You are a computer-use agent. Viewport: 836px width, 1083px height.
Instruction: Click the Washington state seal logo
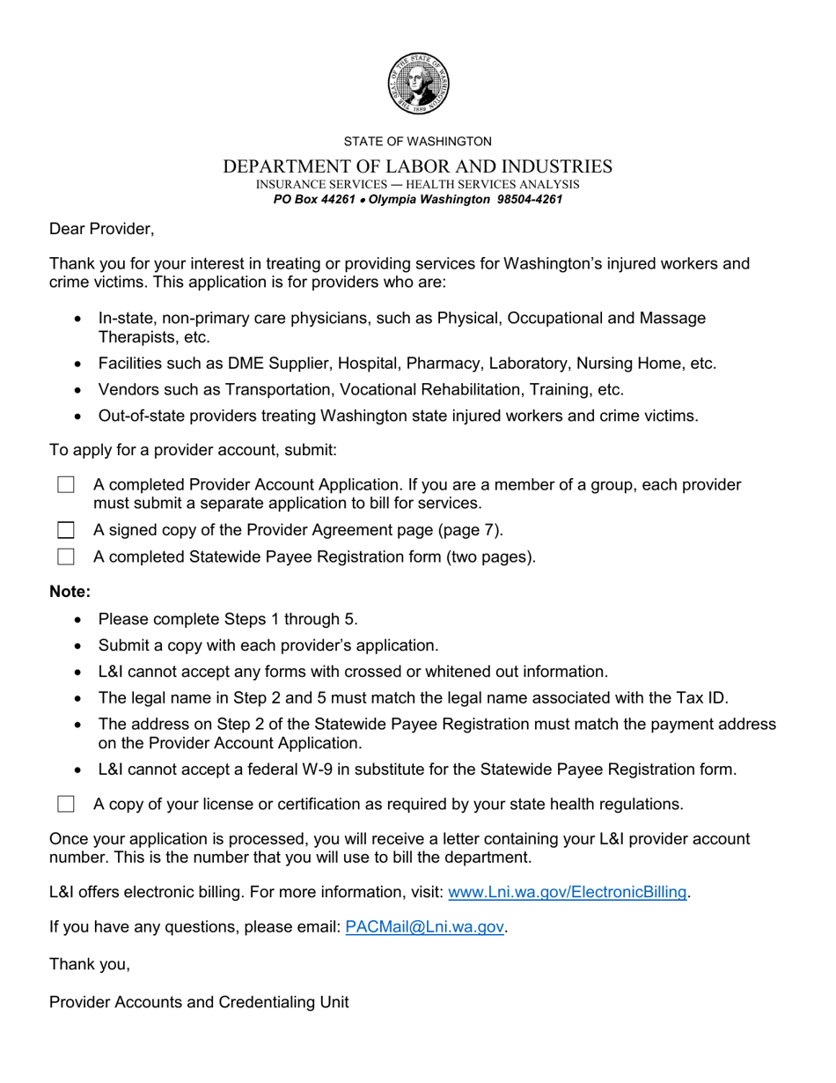click(x=418, y=83)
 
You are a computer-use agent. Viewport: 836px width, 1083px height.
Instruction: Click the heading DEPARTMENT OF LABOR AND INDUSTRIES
click(x=418, y=166)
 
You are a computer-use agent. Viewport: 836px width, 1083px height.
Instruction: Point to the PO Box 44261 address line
click(x=418, y=200)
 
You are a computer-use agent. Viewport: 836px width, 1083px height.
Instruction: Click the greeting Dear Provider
click(x=101, y=229)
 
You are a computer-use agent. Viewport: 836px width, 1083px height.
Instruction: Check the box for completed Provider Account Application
click(x=66, y=485)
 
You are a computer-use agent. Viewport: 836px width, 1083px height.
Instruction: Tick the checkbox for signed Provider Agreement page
click(x=66, y=530)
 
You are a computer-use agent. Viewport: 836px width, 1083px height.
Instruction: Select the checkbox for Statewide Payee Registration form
click(x=66, y=556)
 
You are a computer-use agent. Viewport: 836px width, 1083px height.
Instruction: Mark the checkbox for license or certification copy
click(x=66, y=804)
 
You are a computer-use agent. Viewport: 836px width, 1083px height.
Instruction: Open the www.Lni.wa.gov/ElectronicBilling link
click(x=568, y=892)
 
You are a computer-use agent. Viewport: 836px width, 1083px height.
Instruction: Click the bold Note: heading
click(x=70, y=592)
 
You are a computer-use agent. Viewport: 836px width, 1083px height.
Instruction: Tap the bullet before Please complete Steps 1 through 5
click(x=79, y=620)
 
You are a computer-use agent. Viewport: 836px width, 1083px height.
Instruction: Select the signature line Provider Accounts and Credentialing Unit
click(x=199, y=1002)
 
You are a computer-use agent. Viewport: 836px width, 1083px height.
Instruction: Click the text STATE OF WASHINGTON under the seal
click(x=418, y=141)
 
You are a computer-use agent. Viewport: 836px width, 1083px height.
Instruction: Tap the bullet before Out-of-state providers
click(x=79, y=416)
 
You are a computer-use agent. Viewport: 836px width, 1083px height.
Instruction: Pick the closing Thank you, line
click(x=90, y=964)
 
